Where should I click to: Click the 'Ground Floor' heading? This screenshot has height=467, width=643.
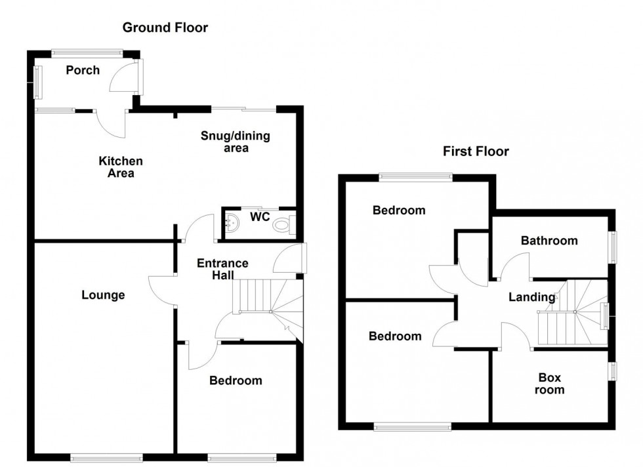[165, 28]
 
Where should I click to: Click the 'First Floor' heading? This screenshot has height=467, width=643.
[476, 152]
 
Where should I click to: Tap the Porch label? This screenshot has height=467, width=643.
[83, 70]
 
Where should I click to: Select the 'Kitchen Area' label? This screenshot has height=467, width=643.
[121, 167]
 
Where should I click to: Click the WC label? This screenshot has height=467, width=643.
[260, 216]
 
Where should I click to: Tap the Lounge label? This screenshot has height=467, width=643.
[103, 295]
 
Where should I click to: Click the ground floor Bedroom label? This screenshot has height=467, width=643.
[236, 380]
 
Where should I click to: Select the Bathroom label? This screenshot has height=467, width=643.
[549, 241]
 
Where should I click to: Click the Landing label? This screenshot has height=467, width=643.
[531, 297]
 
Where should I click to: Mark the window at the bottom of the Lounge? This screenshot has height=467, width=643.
[106, 457]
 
